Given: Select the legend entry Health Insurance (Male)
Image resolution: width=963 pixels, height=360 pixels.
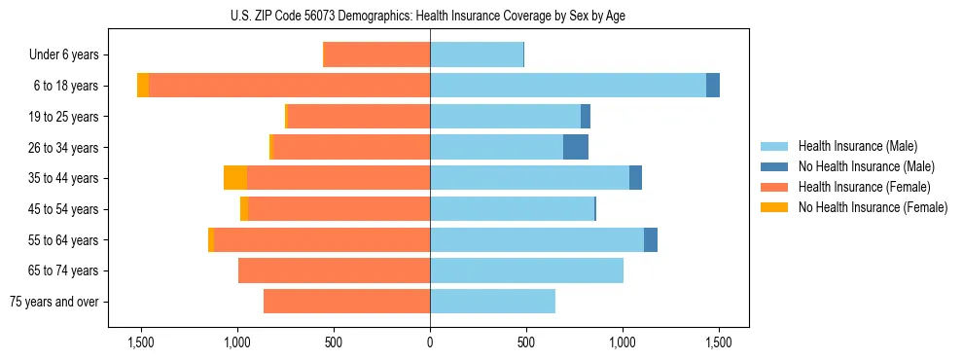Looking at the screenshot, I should point(857,146).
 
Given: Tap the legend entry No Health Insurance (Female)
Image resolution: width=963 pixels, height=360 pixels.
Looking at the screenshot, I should point(873,207).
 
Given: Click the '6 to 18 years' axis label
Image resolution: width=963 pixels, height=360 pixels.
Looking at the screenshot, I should point(65,86).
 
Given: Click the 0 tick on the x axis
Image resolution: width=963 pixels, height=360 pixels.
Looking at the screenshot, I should point(430,342).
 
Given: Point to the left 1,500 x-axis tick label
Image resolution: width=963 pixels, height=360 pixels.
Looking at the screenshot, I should point(141,342).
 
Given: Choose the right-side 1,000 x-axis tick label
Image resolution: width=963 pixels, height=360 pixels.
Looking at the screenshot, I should point(623,342).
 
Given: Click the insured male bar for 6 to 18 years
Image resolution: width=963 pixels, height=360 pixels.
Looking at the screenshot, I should point(568,86).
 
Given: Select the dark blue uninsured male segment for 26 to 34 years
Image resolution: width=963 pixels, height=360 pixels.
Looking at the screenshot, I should point(576,147).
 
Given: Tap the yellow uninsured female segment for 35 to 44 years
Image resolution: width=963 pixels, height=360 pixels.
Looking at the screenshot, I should point(235,178).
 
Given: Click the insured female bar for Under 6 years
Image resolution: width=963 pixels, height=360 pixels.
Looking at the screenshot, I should point(376,54).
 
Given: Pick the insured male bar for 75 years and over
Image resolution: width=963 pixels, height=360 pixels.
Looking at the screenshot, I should point(492,302).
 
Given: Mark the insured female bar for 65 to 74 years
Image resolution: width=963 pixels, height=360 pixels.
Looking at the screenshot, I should point(334,270).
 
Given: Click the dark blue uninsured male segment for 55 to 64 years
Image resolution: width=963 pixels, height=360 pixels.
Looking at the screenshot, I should point(651,239).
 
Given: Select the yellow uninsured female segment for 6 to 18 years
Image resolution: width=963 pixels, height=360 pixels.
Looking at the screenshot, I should point(143,86).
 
